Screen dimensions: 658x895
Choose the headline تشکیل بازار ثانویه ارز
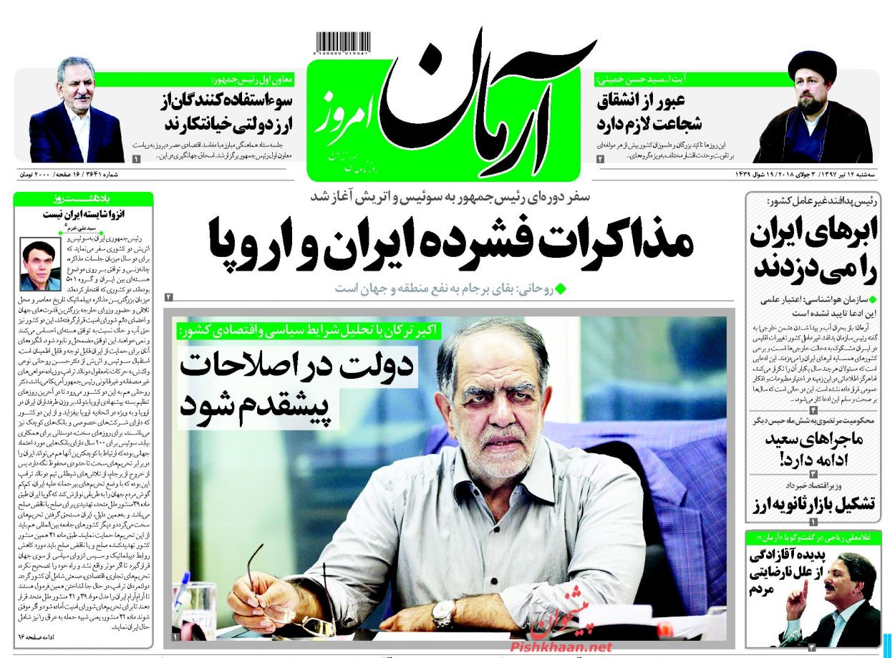click(x=813, y=504)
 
